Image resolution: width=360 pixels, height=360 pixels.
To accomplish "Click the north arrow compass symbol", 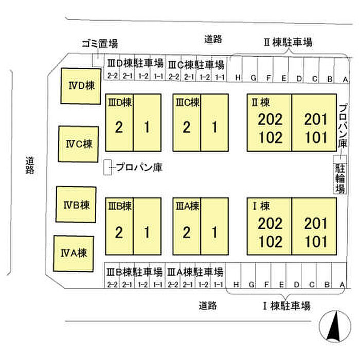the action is pyautogui.click(x=335, y=326).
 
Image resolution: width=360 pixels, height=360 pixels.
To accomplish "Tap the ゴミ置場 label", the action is pyautogui.click(x=100, y=43).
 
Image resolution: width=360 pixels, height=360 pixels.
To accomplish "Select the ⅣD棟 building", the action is pyautogui.click(x=81, y=86).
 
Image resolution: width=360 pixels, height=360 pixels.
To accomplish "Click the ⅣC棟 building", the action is pyautogui.click(x=79, y=144).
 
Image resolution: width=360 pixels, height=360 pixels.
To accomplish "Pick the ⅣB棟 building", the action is pyautogui.click(x=76, y=205).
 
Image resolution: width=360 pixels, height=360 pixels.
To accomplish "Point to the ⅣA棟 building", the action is pyautogui.click(x=74, y=254).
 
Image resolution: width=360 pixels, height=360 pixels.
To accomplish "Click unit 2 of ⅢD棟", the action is pyautogui.click(x=119, y=122).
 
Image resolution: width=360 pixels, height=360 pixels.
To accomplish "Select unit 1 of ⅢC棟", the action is pyautogui.click(x=214, y=122).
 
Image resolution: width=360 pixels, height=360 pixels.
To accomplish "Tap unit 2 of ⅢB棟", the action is pyautogui.click(x=119, y=226).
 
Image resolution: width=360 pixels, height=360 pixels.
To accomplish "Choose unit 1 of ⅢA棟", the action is pyautogui.click(x=214, y=226).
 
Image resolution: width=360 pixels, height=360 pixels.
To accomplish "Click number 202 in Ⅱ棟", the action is pyautogui.click(x=270, y=119).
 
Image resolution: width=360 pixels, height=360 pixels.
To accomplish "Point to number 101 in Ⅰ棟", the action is pyautogui.click(x=316, y=242).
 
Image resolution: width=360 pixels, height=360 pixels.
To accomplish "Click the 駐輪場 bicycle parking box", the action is pyautogui.click(x=340, y=174).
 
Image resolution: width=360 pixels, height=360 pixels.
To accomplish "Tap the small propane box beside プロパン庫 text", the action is pyautogui.click(x=107, y=167).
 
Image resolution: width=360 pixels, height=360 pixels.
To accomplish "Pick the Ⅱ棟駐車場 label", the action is pyautogui.click(x=288, y=42).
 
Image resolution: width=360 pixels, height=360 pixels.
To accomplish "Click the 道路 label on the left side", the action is pyautogui.click(x=30, y=165).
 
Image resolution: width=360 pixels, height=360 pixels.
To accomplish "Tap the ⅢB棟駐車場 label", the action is pyautogui.click(x=135, y=272).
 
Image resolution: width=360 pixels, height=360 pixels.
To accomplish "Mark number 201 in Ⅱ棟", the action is pyautogui.click(x=316, y=119).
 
